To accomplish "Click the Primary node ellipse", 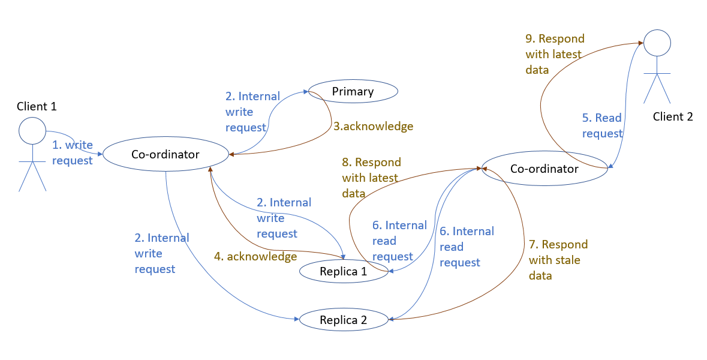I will tap(353, 92).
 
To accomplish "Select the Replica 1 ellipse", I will tap(343, 271).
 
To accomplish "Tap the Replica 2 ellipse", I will tap(343, 320).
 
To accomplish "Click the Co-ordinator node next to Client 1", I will tap(165, 154).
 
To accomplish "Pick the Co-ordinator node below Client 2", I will tap(544, 169).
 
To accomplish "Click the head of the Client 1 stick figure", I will tap(32, 130).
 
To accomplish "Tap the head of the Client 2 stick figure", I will tap(657, 43).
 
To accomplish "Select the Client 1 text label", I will tap(37, 107).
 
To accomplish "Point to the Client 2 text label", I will tap(673, 117).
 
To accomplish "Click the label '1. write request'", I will tap(72, 153).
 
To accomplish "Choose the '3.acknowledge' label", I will tap(373, 127).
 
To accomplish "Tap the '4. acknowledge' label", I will tap(255, 257).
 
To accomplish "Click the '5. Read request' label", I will tap(602, 125).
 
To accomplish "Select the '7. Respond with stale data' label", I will tap(558, 260).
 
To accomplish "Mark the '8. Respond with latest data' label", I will tap(371, 178).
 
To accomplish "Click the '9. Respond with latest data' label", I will tap(555, 54).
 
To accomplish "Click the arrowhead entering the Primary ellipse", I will tap(306, 92).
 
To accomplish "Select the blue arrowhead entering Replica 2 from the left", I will tap(297, 320).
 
